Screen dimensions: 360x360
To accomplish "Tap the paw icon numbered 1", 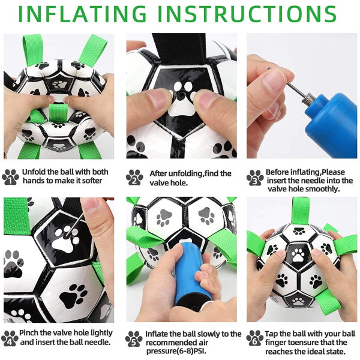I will (11, 176).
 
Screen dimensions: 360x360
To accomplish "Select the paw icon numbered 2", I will (134, 176).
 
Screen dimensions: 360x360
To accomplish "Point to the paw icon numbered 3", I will (255, 176).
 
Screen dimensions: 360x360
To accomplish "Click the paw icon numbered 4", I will (11, 337).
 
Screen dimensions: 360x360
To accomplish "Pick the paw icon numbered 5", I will (134, 337).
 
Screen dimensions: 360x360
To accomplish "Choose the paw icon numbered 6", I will (255, 337).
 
